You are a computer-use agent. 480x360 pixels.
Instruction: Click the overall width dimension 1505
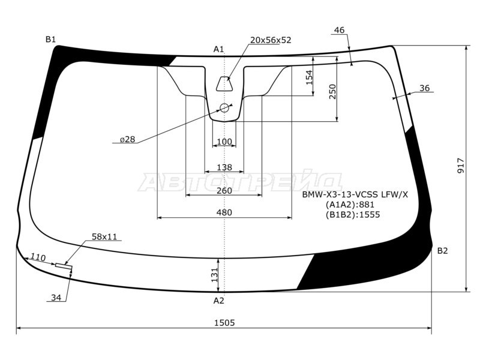pos(224,323)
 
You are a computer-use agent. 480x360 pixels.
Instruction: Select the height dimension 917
pos(461,166)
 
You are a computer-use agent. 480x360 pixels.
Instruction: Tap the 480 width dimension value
pos(224,212)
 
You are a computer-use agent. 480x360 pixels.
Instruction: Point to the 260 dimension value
pos(224,191)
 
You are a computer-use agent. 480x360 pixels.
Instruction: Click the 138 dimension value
pos(224,167)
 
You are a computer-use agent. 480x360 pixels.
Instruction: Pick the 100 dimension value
pos(224,142)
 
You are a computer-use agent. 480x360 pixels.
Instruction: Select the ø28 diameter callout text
pos(127,139)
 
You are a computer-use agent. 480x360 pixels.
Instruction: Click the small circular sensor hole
pos(224,108)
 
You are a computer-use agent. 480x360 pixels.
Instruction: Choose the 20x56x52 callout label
pos(271,40)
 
